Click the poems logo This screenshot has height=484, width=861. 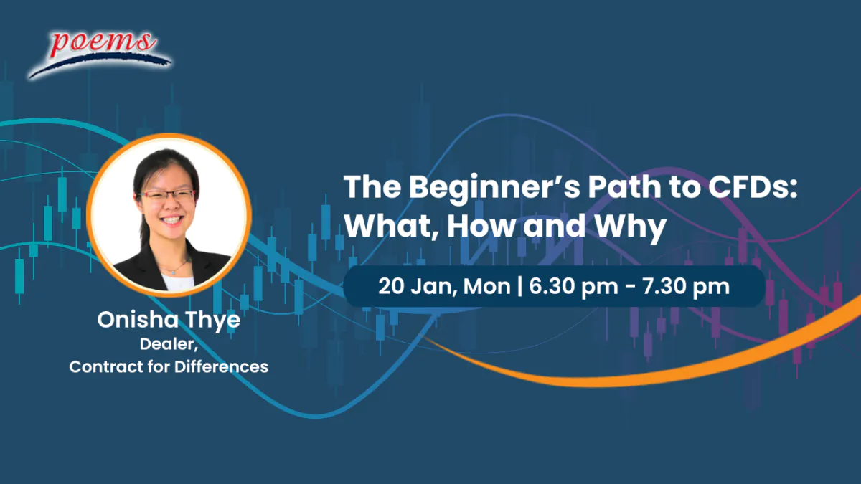click(100, 54)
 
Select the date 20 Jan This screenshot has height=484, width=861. click(418, 287)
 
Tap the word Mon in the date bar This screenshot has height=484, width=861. click(486, 286)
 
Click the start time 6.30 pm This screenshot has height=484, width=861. click(573, 287)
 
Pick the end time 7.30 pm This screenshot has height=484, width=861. click(686, 287)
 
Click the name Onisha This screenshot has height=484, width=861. click(138, 319)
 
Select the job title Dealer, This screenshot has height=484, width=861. click(169, 343)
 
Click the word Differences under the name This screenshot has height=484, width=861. click(221, 366)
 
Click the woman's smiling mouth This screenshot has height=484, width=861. click(171, 220)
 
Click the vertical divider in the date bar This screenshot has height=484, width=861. click(520, 287)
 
